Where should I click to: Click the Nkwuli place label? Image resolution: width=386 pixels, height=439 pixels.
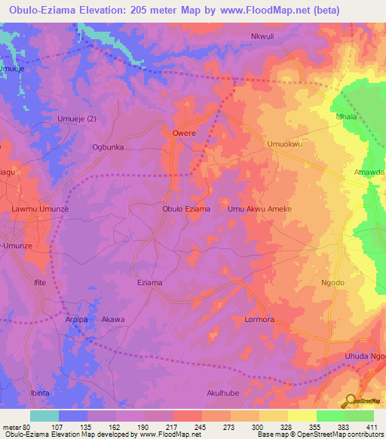(x=265, y=36)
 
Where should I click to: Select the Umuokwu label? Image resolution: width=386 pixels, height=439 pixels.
(x=284, y=143)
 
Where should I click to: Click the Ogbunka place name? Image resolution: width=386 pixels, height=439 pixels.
(x=107, y=148)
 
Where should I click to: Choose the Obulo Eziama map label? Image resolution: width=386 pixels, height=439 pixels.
(x=186, y=209)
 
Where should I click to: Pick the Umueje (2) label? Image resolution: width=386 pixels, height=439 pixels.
(x=77, y=119)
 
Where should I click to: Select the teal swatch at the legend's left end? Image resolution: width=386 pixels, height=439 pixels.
(x=44, y=416)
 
